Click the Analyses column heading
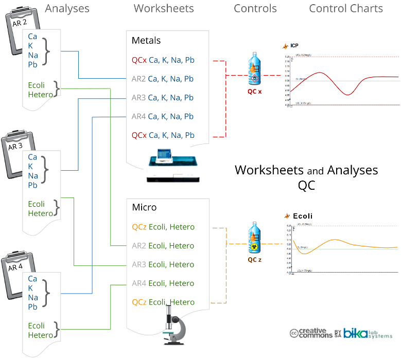coord(67,9)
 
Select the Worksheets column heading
coord(164,9)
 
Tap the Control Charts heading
coord(346,9)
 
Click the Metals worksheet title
coord(146,41)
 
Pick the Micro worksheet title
coord(144,208)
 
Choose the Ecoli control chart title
coord(302,216)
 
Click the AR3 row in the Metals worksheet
coord(163,98)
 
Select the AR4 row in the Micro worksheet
coord(163,283)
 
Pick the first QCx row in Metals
coord(163,60)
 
